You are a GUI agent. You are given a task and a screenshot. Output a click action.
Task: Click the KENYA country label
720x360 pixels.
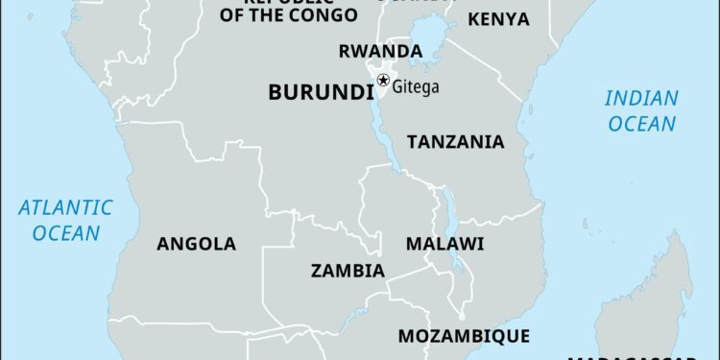pyautogui.click(x=498, y=19)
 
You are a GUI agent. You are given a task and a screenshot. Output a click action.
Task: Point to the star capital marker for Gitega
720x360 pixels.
pyautogui.click(x=383, y=80)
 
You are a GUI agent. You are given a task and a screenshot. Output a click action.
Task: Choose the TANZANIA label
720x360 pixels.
pyautogui.click(x=455, y=142)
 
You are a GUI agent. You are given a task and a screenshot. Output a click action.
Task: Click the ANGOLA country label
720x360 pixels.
pyautogui.click(x=196, y=244)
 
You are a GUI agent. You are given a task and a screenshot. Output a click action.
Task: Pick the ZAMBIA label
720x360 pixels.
pyautogui.click(x=348, y=271)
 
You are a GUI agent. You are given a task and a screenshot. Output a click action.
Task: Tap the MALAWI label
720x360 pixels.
pyautogui.click(x=444, y=244)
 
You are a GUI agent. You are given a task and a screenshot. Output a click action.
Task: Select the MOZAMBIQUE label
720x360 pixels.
pyautogui.click(x=464, y=336)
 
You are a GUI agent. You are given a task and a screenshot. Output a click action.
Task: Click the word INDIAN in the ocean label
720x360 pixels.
pyautogui.click(x=641, y=98)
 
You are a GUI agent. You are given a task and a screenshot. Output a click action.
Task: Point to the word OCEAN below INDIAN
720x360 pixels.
pyautogui.click(x=641, y=123)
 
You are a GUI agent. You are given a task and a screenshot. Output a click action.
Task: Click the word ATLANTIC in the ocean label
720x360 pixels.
pyautogui.click(x=65, y=207)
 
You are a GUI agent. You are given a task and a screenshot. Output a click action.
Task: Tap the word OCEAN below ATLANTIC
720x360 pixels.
pyautogui.click(x=65, y=232)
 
